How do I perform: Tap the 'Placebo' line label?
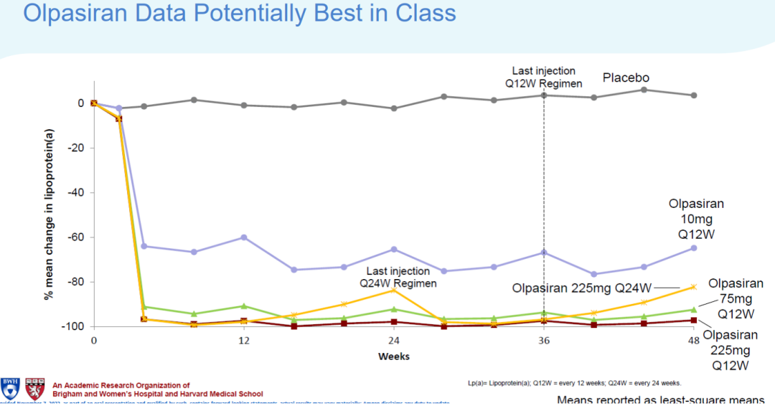coord(626,77)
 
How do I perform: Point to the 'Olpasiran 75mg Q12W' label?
coord(736,299)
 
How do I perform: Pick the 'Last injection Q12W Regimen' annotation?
coord(543,77)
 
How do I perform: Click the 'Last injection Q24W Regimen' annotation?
coord(398,277)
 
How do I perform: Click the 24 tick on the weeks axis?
coord(393,341)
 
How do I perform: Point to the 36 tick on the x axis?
coord(543,341)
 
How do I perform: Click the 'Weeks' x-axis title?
coord(393,356)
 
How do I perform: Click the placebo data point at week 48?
coord(693,95)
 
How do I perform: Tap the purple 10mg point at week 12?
coord(244,237)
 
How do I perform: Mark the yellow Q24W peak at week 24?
coord(393,290)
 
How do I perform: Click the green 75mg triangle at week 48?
coord(693,310)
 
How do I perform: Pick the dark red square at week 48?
coord(693,320)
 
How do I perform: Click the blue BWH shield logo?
coord(10,388)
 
